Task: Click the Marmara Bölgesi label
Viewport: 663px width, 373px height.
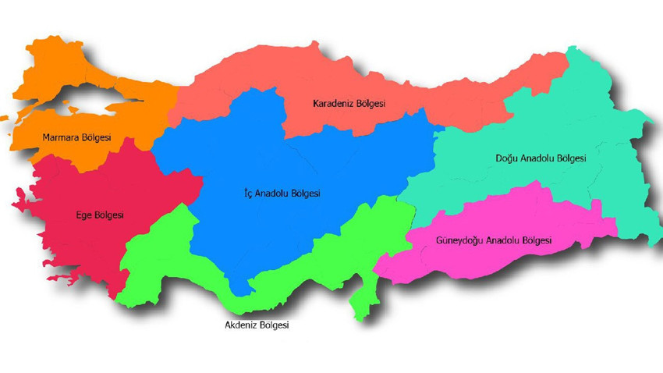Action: pos(76,138)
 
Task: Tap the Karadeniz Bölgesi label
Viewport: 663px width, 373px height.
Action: pos(349,103)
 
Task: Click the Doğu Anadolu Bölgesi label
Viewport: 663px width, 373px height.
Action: pos(541,158)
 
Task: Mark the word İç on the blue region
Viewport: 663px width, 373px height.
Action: pos(249,194)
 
